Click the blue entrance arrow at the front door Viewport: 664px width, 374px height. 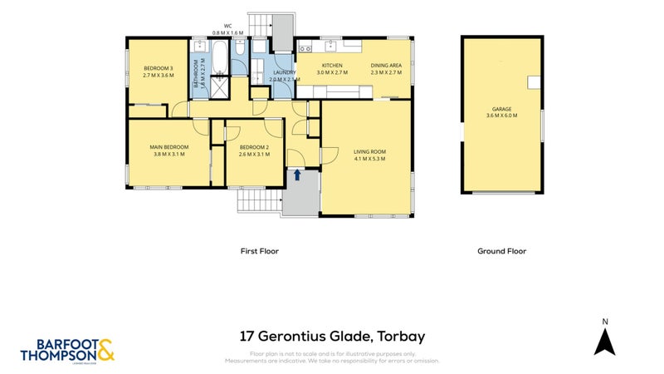297,175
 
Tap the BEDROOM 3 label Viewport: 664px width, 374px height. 158,68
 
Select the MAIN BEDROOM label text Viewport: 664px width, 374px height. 167,147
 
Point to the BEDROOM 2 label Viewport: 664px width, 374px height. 254,147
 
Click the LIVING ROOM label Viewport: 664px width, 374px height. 369,151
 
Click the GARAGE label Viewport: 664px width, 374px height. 502,109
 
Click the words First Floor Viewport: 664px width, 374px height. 259,251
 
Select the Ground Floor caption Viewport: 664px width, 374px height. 501,251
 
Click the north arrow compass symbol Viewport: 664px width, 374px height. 605,338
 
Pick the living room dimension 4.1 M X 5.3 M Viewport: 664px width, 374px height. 369,158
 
